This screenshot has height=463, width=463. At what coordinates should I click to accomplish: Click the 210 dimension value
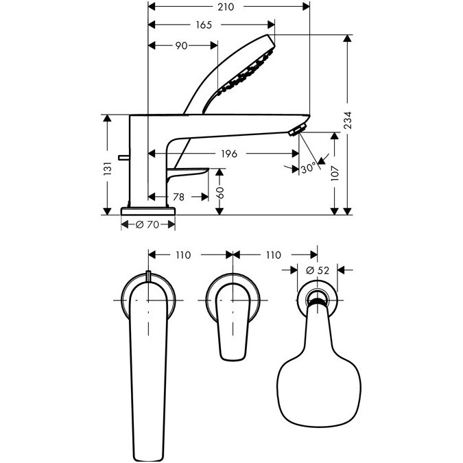(x=226, y=7)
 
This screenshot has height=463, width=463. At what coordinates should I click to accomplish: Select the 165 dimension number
(x=204, y=25)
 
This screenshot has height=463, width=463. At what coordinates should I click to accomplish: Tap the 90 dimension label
(x=181, y=46)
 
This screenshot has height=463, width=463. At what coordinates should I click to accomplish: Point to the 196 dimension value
(x=229, y=154)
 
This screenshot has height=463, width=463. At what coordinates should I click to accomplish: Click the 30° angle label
(x=308, y=169)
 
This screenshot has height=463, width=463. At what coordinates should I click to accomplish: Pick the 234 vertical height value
(x=348, y=120)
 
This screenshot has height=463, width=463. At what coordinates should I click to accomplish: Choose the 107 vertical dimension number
(x=335, y=173)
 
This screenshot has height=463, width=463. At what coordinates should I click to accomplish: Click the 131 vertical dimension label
(x=108, y=169)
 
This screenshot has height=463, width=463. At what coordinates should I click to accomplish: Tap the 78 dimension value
(x=178, y=197)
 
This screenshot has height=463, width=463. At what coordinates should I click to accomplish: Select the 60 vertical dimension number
(x=220, y=193)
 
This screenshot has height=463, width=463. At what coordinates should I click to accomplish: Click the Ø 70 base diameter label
(x=147, y=225)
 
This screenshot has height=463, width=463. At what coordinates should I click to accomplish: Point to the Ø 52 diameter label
(x=318, y=270)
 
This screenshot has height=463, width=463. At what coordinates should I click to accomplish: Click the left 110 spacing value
(x=183, y=255)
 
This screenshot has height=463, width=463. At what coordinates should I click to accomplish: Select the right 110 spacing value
(x=274, y=255)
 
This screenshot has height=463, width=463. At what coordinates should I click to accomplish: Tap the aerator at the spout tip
(x=297, y=130)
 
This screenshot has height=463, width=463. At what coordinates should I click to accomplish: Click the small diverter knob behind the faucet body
(x=123, y=158)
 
